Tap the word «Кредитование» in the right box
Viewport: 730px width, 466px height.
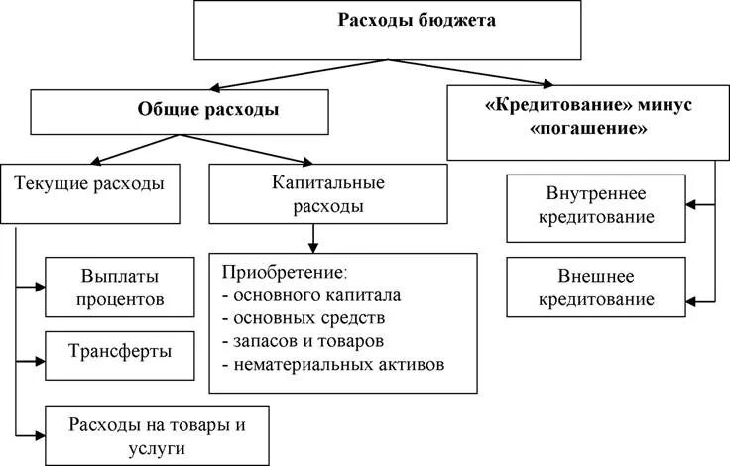point(541,104)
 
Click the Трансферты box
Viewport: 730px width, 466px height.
point(121,350)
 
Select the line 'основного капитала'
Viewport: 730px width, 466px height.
point(311,295)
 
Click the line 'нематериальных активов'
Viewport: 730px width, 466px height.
point(333,364)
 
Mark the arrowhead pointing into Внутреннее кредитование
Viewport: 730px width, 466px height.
point(693,204)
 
